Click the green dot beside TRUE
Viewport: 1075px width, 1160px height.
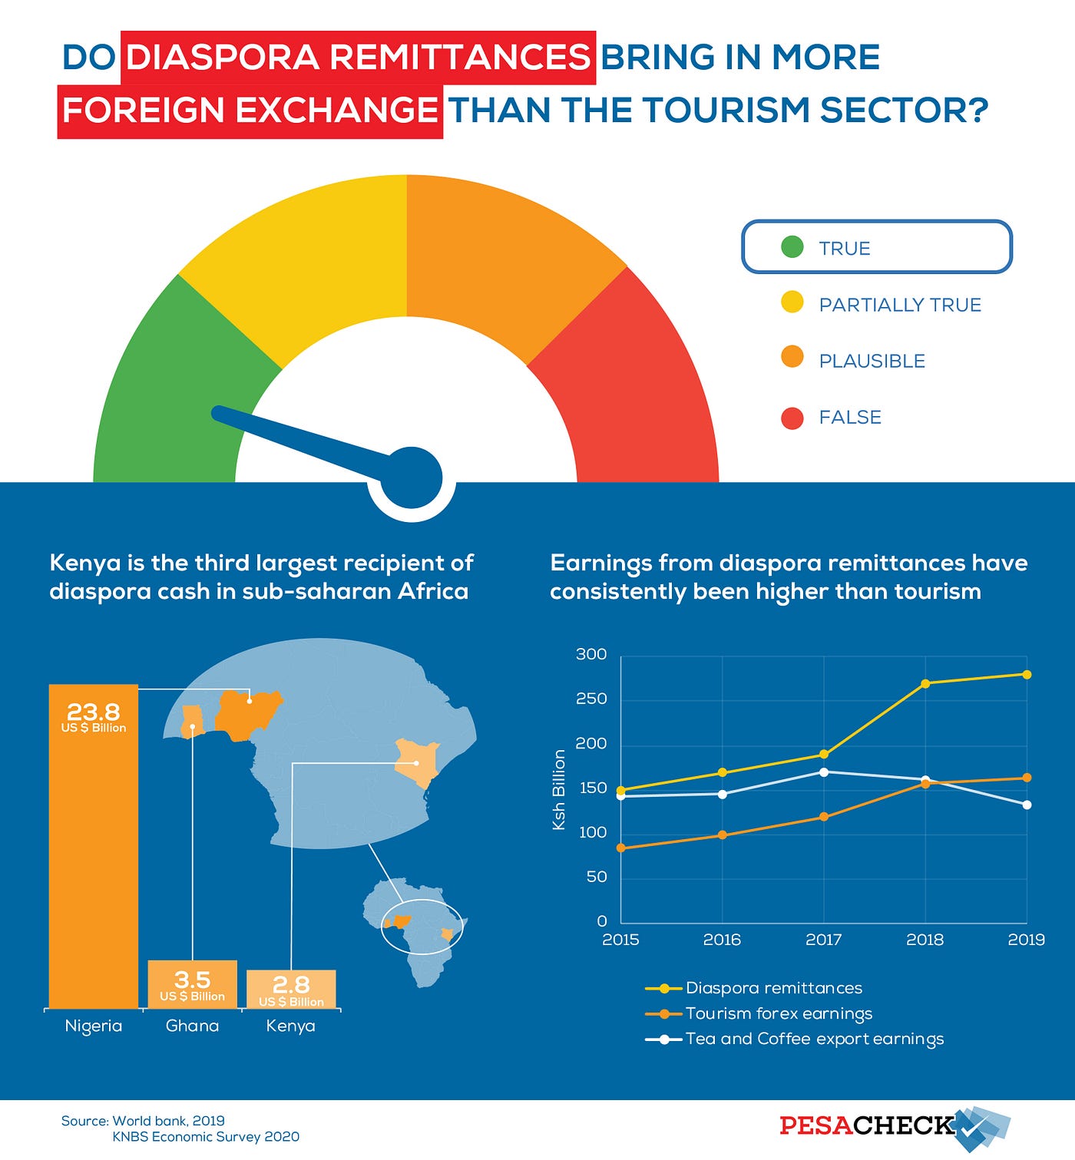click(x=792, y=247)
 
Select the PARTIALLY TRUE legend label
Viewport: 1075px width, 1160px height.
click(x=900, y=305)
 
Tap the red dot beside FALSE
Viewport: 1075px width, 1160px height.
click(x=792, y=418)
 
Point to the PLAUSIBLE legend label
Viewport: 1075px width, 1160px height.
click(x=872, y=361)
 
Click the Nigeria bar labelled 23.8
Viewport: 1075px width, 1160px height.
click(x=94, y=844)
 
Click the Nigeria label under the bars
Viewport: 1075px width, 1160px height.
click(x=94, y=1026)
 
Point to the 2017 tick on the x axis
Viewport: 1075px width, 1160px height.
click(x=823, y=940)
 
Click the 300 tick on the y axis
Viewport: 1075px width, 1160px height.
click(x=591, y=655)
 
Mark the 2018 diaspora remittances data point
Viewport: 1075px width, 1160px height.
click(x=925, y=683)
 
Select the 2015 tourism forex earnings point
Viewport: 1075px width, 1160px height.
click(x=621, y=848)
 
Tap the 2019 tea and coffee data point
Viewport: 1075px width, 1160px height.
click(x=1027, y=805)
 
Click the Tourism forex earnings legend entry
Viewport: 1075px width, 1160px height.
click(x=779, y=1013)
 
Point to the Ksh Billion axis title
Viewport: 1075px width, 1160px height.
click(x=559, y=789)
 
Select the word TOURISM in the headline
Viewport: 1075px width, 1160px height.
click(x=723, y=110)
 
